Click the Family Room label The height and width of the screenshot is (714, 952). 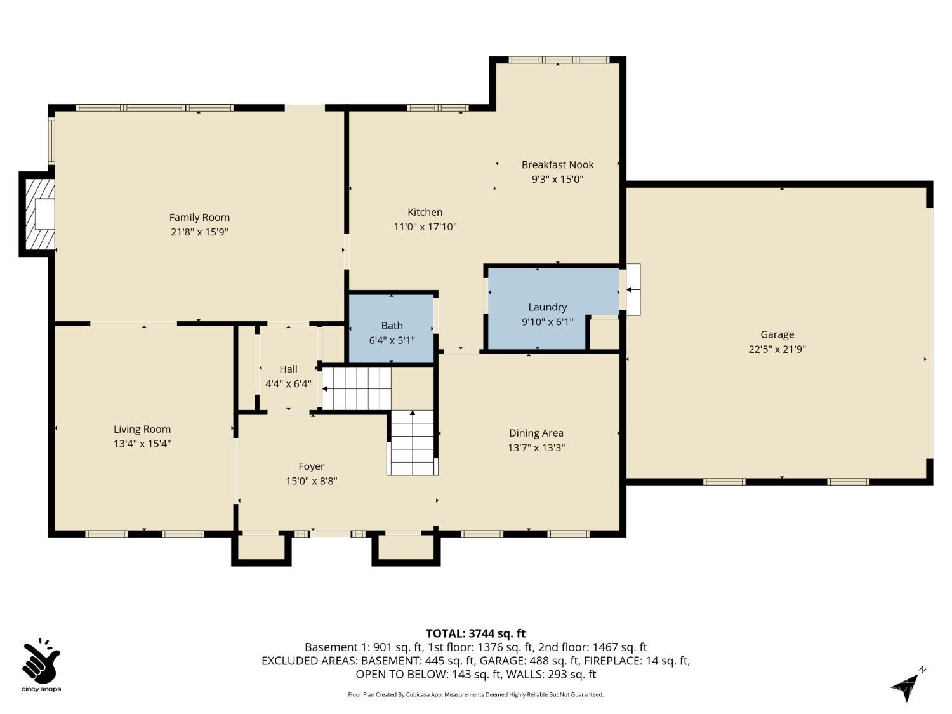point(199,218)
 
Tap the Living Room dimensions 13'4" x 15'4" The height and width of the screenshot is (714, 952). point(142,444)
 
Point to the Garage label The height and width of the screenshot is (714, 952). point(777,334)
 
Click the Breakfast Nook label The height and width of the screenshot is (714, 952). point(557,165)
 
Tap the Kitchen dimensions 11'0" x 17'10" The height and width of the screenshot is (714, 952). point(425,227)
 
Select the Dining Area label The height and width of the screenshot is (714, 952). point(536,433)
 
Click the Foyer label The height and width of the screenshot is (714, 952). point(311,466)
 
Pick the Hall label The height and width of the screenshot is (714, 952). point(288,369)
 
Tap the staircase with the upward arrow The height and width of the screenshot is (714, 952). point(413,442)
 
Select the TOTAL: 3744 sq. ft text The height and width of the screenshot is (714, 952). point(475,633)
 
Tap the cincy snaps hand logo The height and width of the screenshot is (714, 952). point(41,663)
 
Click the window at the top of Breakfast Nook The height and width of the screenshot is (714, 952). point(559,60)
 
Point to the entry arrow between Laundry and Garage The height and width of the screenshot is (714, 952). point(633,289)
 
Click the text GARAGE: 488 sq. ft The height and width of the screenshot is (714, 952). point(520,661)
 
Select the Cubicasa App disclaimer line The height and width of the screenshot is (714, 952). point(475,694)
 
